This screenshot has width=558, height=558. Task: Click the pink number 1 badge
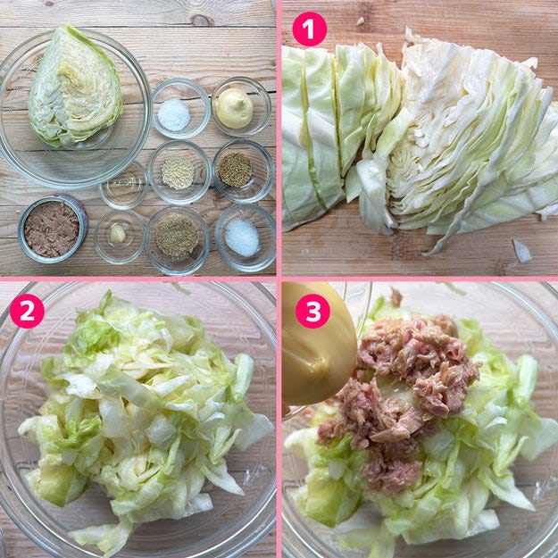(309, 29)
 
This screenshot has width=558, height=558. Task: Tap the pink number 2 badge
(27, 311)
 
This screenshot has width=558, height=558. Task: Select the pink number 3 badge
(312, 311)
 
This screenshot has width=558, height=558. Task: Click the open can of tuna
(53, 229)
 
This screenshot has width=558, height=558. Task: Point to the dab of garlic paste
(118, 234)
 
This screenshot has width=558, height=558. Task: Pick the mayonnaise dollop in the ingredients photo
(234, 108)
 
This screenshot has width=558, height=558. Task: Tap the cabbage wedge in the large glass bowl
(75, 87)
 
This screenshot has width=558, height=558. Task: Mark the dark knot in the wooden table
(201, 21)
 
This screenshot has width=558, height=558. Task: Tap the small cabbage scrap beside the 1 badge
(361, 21)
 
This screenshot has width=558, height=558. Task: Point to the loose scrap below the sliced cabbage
(521, 251)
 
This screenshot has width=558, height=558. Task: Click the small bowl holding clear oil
(124, 185)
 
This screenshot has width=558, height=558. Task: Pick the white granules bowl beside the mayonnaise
(180, 108)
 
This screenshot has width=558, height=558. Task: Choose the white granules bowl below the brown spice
(246, 237)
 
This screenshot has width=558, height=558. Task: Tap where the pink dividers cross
(279, 279)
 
